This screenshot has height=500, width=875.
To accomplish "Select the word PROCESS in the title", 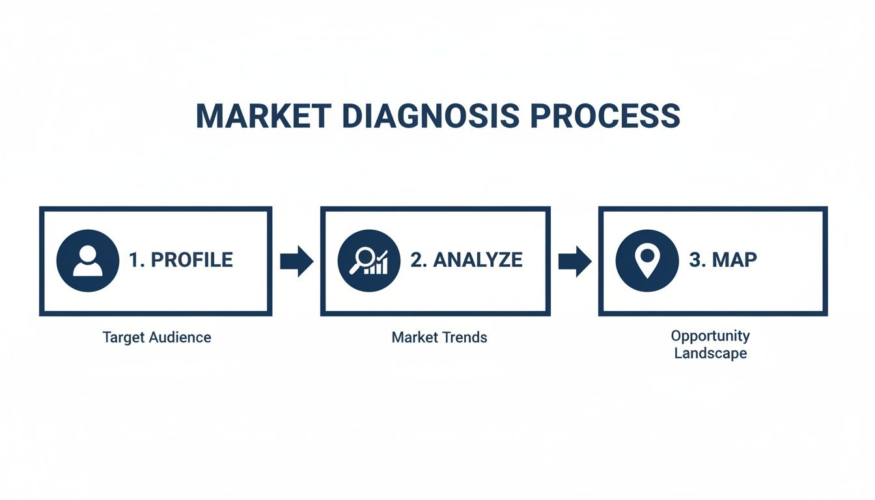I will click(605, 117).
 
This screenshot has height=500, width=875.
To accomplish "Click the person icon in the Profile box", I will click(88, 261).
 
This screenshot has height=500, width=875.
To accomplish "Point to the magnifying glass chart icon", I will click(368, 261).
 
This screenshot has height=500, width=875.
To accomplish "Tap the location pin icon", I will click(646, 261).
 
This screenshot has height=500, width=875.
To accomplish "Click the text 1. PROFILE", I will click(180, 260).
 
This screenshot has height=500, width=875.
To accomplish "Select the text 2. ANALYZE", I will click(466, 260).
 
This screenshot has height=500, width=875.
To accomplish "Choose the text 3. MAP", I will click(723, 260).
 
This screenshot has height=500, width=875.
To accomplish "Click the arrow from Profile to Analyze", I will click(296, 261).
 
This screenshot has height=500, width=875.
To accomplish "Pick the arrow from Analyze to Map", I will click(574, 261).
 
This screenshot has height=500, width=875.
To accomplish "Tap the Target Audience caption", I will click(157, 337).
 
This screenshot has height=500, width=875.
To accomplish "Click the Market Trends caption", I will click(439, 337).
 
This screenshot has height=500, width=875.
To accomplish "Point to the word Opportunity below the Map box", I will click(710, 336).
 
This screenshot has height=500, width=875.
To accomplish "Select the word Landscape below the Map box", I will click(710, 354).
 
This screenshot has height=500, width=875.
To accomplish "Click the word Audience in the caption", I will click(180, 337).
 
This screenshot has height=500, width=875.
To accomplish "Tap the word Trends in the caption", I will click(466, 337).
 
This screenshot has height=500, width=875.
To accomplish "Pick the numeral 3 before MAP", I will click(695, 260).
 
